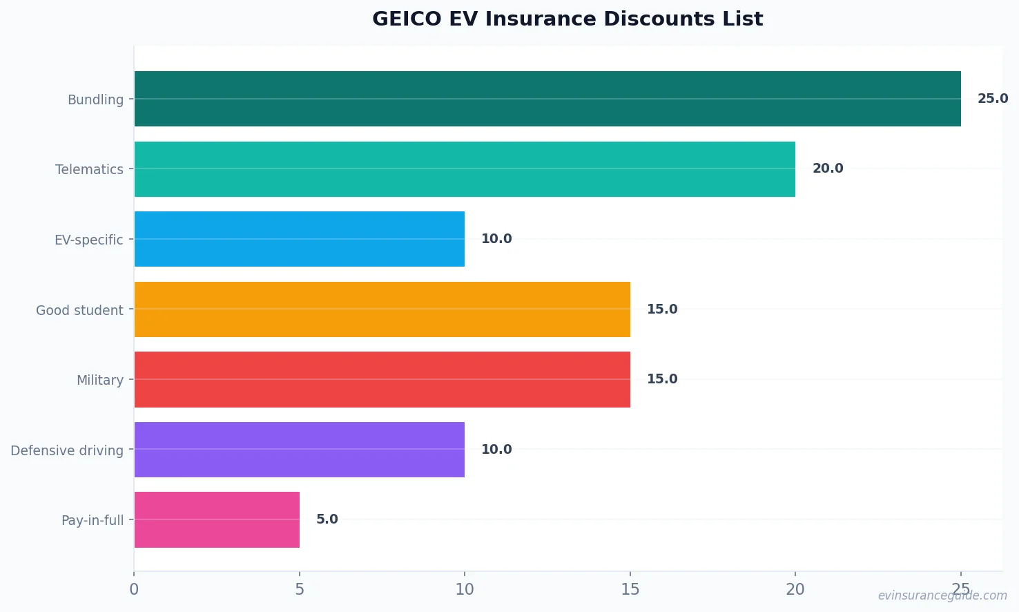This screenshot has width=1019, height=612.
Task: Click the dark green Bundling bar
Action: (547, 99)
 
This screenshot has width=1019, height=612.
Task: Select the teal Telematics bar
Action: (464, 169)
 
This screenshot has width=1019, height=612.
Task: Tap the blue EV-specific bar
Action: (299, 239)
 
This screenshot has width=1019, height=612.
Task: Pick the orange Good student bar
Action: (382, 309)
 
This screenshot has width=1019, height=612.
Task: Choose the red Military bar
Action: (382, 379)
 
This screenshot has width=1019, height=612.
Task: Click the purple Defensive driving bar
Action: (299, 450)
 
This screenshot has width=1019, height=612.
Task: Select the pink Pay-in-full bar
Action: (217, 519)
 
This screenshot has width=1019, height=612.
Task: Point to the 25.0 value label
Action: (992, 99)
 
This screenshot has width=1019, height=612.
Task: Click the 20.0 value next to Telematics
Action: (827, 169)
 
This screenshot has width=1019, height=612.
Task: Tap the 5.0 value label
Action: (327, 519)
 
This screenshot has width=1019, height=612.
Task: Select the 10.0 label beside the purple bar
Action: (496, 450)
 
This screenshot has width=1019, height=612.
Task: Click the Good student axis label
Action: (79, 310)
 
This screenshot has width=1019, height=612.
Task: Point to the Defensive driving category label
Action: (67, 450)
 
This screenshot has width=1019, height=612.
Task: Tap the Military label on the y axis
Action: (100, 380)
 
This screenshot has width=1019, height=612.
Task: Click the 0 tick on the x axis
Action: (134, 589)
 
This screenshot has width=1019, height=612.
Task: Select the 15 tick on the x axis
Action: (630, 589)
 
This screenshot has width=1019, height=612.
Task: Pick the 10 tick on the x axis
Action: (465, 589)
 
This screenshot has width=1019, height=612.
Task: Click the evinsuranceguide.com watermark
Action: (942, 595)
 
